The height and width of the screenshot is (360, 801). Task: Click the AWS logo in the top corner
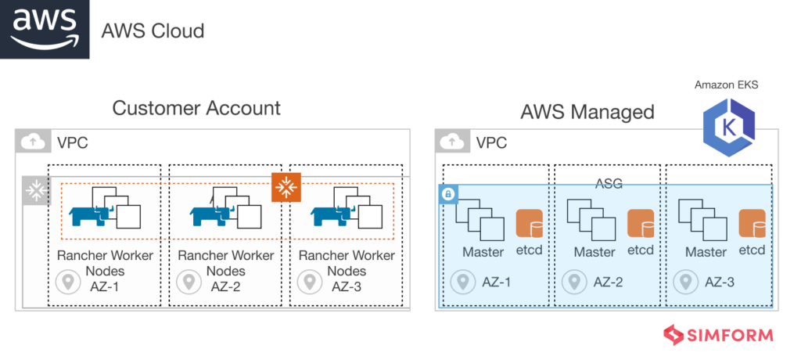tap(45, 29)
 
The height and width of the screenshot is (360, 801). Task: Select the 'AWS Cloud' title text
tap(153, 31)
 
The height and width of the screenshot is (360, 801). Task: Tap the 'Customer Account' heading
tap(196, 108)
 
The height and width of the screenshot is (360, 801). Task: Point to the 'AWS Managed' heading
tap(587, 112)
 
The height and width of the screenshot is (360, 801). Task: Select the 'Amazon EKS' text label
tap(726, 85)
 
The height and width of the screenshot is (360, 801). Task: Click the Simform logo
tap(718, 335)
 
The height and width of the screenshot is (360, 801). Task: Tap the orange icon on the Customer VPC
tap(286, 187)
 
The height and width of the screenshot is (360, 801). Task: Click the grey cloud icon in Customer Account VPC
tap(31, 142)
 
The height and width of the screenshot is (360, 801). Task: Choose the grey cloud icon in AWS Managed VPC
tap(451, 142)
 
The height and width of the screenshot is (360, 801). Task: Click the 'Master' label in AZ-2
tap(594, 252)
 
